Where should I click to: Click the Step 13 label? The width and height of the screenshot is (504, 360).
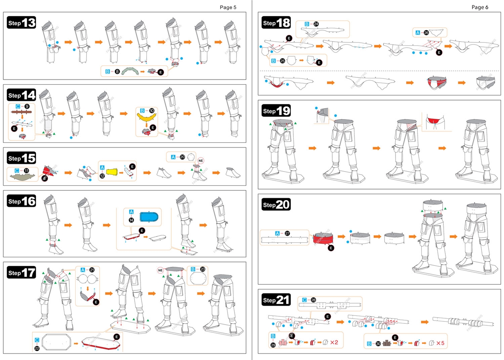point(22,23)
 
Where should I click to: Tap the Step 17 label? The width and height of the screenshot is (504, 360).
point(22,272)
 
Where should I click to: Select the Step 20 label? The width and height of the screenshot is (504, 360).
point(276,204)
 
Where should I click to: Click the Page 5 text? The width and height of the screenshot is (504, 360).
point(228,7)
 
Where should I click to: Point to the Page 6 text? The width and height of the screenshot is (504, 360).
point(480,7)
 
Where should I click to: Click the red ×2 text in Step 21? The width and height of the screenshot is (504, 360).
point(334,342)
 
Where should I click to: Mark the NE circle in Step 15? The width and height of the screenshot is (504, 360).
point(201,161)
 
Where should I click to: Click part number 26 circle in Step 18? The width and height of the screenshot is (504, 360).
point(426,33)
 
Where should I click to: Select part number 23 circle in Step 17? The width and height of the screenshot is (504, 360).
point(203,270)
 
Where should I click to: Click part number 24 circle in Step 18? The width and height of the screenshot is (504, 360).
point(316,24)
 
